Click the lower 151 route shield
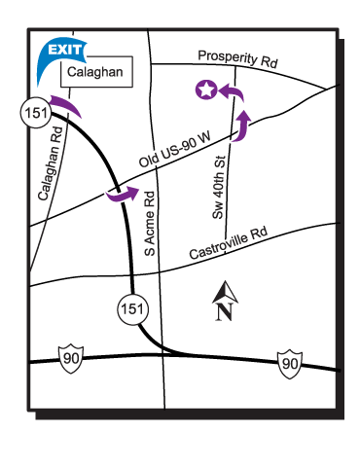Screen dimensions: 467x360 (134, 307)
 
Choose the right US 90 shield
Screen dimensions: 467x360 (289, 364)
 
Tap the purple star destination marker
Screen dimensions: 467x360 (205, 90)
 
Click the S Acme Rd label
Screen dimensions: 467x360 (152, 222)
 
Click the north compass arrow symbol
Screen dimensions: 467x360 (223, 292)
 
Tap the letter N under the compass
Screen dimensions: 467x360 (223, 311)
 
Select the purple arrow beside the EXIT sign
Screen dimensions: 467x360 (66, 103)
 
